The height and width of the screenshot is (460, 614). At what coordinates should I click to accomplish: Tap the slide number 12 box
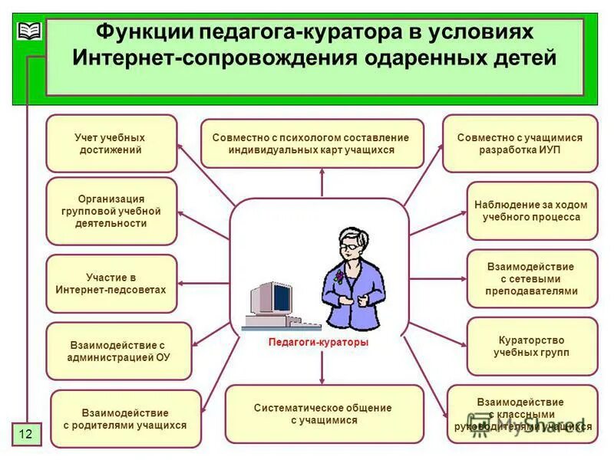[25, 435]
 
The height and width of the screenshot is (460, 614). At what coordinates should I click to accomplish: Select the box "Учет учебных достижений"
[111, 143]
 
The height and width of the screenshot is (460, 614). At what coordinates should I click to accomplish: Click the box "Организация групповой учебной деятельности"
[111, 211]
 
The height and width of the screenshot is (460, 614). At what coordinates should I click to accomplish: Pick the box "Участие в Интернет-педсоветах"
[111, 284]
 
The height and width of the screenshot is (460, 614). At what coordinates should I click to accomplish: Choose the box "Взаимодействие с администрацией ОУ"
[118, 351]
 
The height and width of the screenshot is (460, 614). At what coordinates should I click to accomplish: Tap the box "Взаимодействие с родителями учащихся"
[125, 419]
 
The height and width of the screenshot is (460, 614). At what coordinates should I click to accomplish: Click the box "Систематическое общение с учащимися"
[323, 414]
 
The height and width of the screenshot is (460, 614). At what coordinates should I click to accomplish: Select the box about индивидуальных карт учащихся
[312, 143]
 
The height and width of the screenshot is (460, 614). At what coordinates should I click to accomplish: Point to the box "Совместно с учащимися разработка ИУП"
[520, 143]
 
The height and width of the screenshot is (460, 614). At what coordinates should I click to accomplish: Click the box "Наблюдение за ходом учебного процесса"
[531, 211]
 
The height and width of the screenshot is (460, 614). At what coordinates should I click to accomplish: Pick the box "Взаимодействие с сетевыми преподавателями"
[531, 278]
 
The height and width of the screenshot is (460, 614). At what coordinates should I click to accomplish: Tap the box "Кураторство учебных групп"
[531, 346]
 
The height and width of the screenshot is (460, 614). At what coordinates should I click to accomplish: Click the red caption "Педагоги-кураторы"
[319, 343]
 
